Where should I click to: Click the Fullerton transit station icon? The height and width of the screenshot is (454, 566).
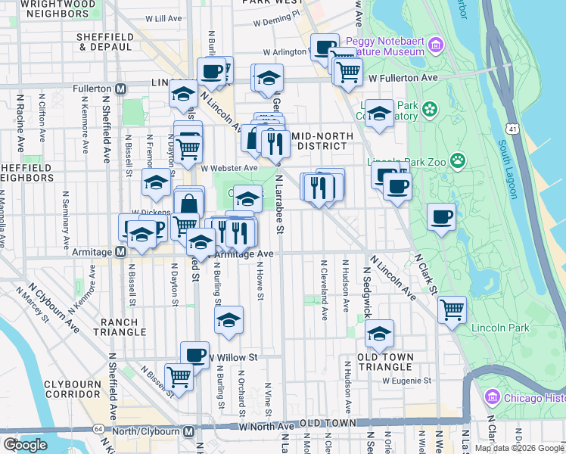120,89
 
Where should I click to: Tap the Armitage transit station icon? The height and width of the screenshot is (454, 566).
120,252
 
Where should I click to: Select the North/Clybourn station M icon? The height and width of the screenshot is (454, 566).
189,431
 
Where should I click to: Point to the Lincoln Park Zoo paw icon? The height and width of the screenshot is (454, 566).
457,160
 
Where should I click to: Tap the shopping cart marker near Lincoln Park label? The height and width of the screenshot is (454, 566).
452,309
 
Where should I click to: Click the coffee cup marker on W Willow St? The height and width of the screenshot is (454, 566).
195,354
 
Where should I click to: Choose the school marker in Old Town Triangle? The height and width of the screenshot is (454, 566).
379,332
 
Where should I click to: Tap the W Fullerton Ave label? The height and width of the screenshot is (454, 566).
404,78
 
